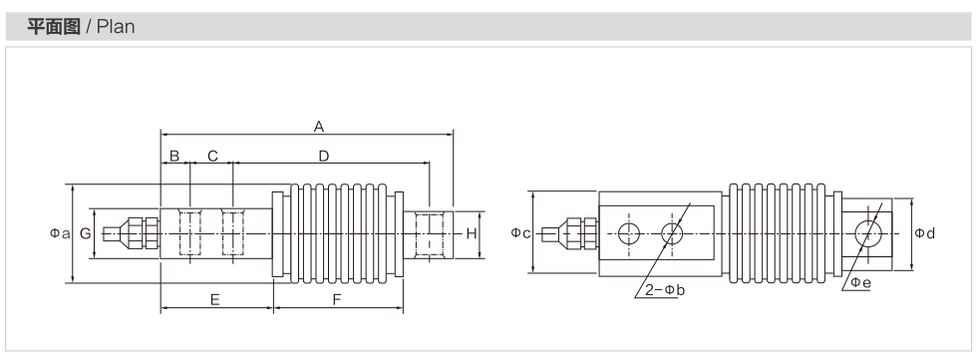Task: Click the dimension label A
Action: (x=319, y=127)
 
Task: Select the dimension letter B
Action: (x=174, y=156)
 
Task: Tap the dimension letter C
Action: (x=212, y=156)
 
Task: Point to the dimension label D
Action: (x=323, y=156)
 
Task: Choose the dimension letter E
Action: (x=215, y=300)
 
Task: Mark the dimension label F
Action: (x=337, y=300)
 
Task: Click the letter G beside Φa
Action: (x=86, y=233)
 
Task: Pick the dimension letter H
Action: (x=472, y=233)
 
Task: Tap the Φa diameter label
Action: (x=61, y=233)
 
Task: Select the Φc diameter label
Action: (x=520, y=233)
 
